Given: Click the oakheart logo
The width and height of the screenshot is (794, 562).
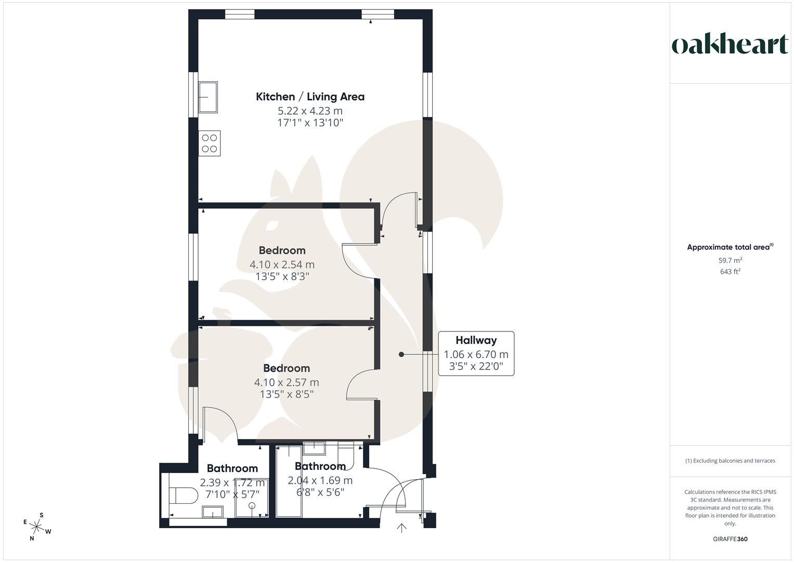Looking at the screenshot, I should click(730, 45).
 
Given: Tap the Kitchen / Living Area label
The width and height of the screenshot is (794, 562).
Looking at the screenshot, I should click(310, 97).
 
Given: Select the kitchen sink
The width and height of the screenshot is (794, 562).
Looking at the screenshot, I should click(208, 97).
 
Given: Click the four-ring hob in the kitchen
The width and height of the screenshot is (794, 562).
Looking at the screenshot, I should click(210, 143).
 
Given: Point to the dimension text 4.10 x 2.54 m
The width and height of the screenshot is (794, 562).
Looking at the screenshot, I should click(282, 264).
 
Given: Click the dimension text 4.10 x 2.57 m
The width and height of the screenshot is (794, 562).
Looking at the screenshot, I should click(286, 382).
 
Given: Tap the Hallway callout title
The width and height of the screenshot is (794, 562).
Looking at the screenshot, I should click(476, 340).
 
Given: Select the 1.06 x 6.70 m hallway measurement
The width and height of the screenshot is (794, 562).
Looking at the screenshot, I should click(476, 354).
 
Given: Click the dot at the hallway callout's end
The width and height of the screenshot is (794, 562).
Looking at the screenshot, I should click(401, 354).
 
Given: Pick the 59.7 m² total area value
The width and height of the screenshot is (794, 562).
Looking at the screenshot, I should click(730, 260).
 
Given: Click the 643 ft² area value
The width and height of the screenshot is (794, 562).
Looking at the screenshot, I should click(730, 272).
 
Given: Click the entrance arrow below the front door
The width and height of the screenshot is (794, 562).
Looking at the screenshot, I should click(401, 528).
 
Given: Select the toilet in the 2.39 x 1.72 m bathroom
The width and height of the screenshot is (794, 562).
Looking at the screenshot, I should click(183, 495).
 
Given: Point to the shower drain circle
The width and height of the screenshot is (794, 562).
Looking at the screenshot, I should click(252, 505).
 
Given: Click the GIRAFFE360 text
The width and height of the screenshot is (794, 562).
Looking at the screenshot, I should click(730, 539).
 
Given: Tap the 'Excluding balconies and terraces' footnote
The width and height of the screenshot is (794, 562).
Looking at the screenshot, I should click(730, 461).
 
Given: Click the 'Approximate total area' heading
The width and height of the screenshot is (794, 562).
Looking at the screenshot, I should click(730, 247).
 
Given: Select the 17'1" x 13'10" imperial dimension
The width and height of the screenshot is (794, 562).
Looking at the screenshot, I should click(310, 123).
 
